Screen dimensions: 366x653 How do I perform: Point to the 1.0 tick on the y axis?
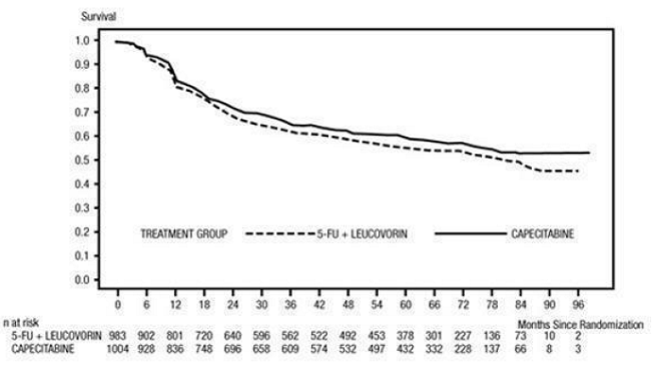point(85,41)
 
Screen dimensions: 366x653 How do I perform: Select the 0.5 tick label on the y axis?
point(85,161)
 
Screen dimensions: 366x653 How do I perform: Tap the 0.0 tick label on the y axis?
point(85,280)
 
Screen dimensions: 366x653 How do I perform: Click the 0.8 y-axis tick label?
point(85,89)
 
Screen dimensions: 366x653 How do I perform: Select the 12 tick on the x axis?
point(176,305)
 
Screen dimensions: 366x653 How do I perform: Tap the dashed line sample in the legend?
point(279,231)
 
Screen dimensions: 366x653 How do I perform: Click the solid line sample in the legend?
point(471,231)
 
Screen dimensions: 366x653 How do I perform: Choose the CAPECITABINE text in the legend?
point(547,231)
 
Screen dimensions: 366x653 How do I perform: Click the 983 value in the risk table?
point(118,336)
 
